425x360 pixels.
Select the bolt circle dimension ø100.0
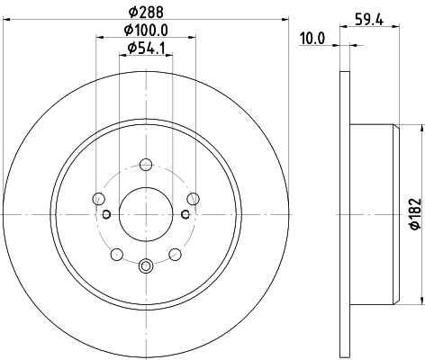coord(145,31)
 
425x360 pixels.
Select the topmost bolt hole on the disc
coord(146,165)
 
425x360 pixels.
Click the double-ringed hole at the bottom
coord(146,265)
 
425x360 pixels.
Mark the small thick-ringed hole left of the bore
coord(106,214)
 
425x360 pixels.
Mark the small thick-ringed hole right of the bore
coord(185,214)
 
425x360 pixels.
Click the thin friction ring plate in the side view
coord(343,214)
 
